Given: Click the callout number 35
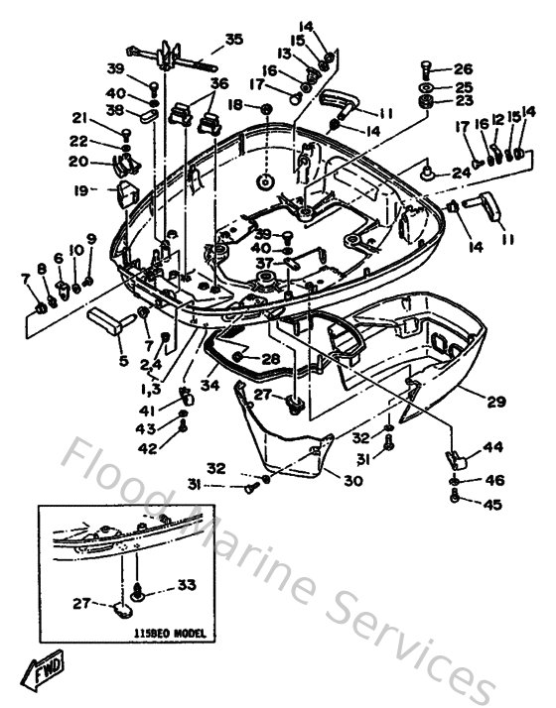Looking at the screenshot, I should (233, 40).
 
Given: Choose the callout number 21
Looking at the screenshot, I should (78, 118).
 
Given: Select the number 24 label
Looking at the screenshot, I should (462, 173).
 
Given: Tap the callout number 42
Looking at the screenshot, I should (146, 448).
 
